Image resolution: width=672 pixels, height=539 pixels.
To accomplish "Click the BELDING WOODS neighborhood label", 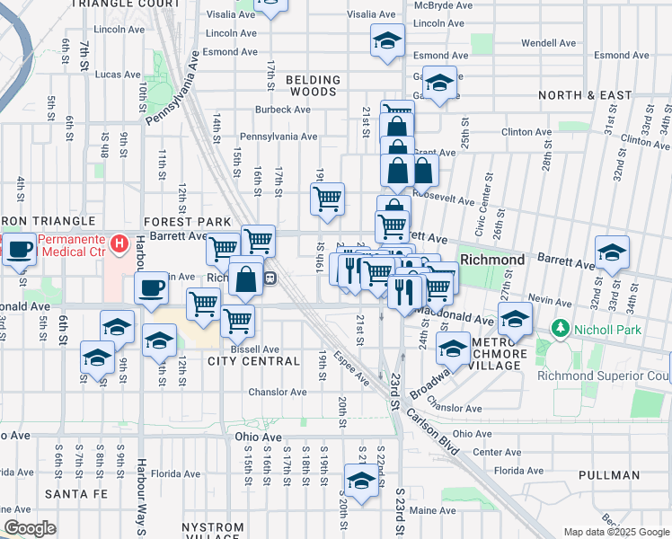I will tap(314, 86).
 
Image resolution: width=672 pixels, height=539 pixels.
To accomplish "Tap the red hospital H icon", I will tap(118, 243).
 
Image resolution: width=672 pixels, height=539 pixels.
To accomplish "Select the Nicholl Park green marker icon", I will tap(561, 328).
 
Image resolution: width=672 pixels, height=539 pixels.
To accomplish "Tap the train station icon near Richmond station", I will tap(270, 278).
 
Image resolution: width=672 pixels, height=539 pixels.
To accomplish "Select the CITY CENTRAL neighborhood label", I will tap(253, 361).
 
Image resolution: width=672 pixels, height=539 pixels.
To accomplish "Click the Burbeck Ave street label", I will tap(258, 110).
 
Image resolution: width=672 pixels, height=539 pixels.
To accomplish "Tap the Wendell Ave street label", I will tap(548, 42).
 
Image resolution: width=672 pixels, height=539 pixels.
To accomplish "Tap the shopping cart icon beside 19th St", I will tap(328, 198).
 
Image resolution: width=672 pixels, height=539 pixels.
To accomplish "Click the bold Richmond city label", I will tap(492, 260).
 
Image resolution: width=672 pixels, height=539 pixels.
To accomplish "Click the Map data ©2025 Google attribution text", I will tap(616, 532).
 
